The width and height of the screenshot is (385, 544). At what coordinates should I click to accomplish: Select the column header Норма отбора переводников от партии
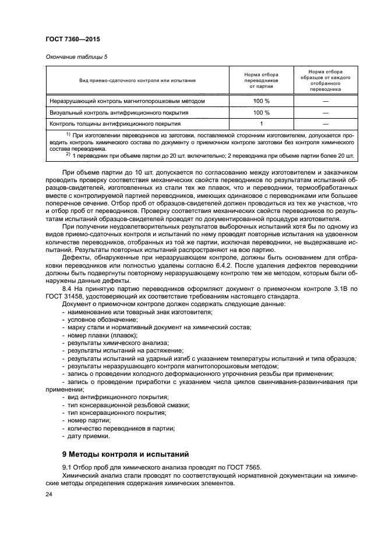[262, 80]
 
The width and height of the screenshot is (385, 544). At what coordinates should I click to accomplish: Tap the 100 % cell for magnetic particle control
[262, 101]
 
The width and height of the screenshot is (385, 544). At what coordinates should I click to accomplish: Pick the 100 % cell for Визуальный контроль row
[262, 112]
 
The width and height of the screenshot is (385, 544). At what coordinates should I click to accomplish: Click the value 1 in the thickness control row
[262, 124]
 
